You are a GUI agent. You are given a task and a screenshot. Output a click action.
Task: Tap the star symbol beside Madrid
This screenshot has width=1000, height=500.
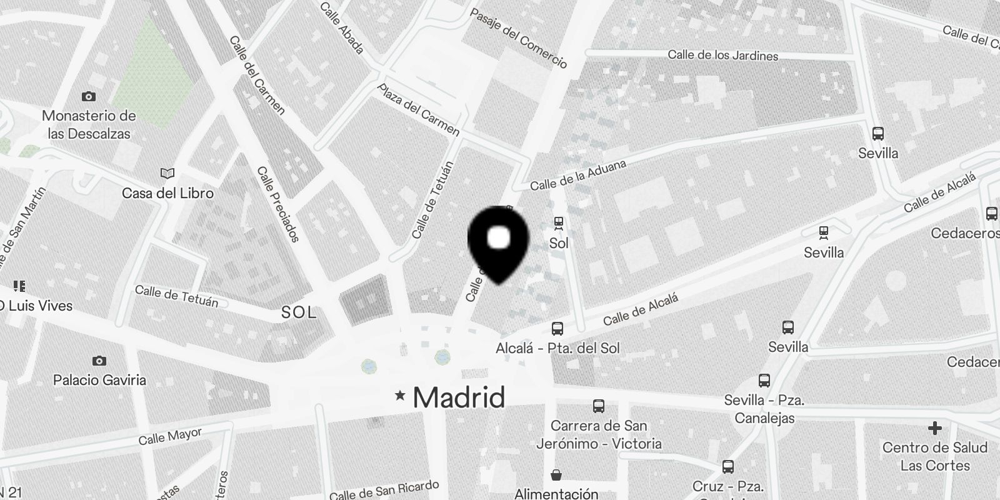400,396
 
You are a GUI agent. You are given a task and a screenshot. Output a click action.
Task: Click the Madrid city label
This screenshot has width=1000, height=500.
459,397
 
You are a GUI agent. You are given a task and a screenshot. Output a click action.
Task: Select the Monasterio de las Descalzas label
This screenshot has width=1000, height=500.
89,124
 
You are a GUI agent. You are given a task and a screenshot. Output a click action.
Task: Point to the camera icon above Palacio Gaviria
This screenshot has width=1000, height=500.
99,361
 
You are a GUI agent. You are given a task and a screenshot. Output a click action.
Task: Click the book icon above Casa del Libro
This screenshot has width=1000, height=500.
167,173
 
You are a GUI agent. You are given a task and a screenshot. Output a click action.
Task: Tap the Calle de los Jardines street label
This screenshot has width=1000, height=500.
722,55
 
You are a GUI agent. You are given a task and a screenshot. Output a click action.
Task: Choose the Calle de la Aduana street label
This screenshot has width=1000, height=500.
578,175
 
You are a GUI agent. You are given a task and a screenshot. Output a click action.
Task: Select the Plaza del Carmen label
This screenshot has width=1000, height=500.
419,109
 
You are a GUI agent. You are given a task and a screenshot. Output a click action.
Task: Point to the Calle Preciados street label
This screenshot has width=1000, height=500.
278,204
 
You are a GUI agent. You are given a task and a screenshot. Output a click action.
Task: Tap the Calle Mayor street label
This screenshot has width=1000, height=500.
170,436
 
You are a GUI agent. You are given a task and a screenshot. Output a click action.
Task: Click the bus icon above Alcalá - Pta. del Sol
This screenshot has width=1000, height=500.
557,328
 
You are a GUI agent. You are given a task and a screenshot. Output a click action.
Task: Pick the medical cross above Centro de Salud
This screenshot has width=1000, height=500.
934,428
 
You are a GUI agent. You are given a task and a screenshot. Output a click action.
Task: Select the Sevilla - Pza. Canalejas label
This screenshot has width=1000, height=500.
764,409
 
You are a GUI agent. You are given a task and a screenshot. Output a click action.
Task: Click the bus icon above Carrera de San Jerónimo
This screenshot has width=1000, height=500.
599,406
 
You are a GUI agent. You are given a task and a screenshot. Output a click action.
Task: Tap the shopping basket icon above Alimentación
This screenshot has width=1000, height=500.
556,475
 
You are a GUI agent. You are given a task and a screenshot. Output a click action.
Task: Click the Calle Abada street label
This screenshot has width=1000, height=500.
341,27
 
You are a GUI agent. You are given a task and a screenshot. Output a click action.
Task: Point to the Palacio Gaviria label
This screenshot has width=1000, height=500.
99,380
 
